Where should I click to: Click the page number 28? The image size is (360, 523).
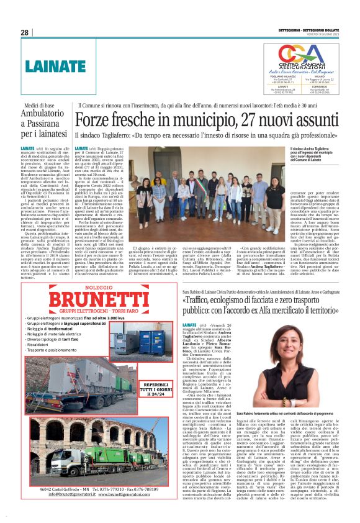point(25,32)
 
